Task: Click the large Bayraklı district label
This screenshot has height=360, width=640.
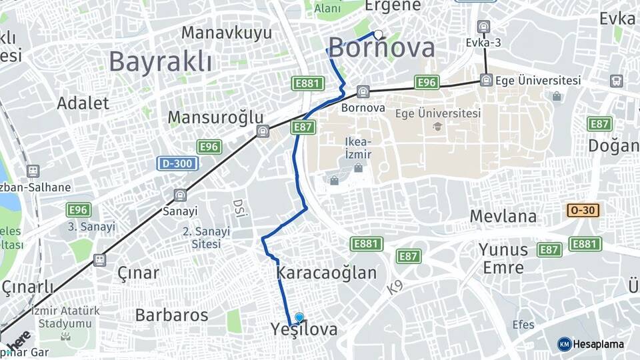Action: (160, 62)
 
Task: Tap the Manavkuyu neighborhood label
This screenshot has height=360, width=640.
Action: (227, 33)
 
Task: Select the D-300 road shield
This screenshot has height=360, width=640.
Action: (177, 163)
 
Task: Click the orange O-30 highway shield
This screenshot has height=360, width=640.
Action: (583, 211)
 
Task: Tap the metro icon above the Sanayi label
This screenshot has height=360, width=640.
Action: (179, 195)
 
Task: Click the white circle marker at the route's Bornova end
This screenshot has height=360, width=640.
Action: (378, 35)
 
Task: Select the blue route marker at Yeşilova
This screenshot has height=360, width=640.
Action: (299, 318)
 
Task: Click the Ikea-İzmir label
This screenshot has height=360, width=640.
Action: (358, 148)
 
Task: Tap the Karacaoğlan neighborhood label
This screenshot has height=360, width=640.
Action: (326, 273)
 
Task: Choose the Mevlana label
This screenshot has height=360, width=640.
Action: (503, 217)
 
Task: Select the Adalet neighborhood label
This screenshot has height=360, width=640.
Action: (83, 103)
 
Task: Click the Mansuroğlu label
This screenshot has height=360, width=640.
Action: (215, 118)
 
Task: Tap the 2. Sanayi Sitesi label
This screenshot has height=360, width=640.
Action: (206, 237)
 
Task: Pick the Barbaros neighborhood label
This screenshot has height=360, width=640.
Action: (171, 315)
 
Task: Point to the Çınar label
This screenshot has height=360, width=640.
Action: (138, 273)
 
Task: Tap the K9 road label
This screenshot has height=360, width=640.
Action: (393, 287)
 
